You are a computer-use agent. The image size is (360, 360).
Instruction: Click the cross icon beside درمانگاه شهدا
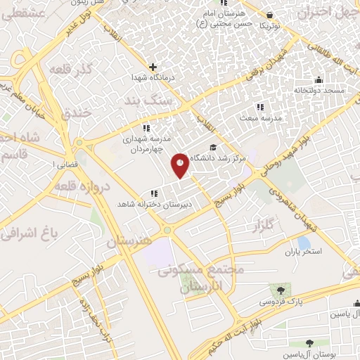pyautogui.click(x=153, y=67)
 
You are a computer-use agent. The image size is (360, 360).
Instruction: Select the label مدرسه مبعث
pyautogui.click(x=262, y=117)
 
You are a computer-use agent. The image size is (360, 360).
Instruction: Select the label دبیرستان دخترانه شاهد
pyautogui.click(x=153, y=204)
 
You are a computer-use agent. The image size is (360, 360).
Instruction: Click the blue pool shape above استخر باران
pyautogui.click(x=304, y=243)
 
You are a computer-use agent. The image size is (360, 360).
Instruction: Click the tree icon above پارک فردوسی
pyautogui.click(x=281, y=290)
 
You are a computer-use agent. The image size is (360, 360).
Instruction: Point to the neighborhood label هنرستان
pyautogui.click(x=129, y=240)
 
